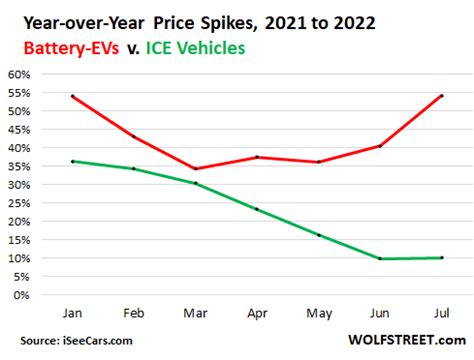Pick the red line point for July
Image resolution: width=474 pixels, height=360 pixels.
tap(441, 96)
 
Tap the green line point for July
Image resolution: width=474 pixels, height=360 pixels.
tap(441, 258)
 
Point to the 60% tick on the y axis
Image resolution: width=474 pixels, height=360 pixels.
tap(17, 74)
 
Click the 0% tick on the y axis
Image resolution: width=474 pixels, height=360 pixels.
tap(21, 295)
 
